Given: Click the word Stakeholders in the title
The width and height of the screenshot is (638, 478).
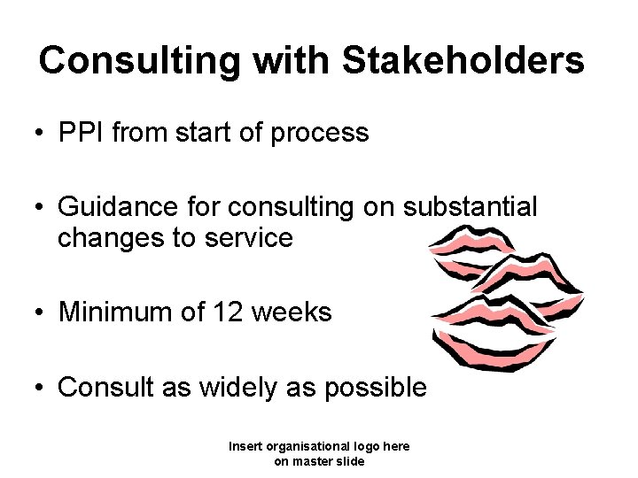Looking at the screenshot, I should [x=463, y=60].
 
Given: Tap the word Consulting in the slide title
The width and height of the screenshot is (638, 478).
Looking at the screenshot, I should [x=138, y=60].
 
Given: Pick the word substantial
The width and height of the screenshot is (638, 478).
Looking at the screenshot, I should [x=470, y=207].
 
